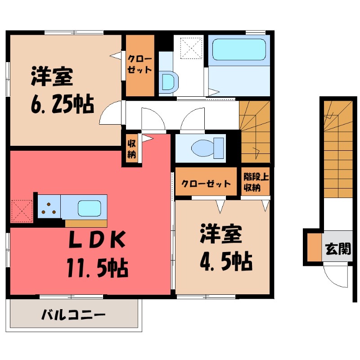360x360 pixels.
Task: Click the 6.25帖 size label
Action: click(x=62, y=105)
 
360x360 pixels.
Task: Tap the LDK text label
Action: click(x=96, y=242)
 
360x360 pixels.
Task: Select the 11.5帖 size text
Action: click(x=98, y=268)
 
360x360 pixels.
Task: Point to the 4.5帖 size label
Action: click(x=225, y=260)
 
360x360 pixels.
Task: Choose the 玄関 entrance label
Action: click(x=338, y=248)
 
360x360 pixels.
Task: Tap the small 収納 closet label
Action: click(x=132, y=148)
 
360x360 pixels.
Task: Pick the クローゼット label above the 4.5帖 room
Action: click(x=206, y=184)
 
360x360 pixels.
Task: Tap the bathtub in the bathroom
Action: click(x=238, y=49)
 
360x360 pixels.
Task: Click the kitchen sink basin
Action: click(x=91, y=208)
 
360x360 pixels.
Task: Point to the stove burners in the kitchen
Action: click(x=49, y=207)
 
